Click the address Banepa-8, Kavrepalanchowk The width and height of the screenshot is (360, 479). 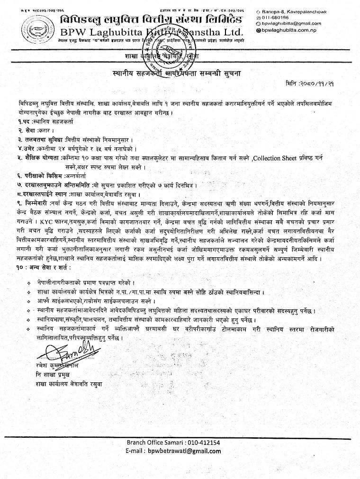[x=301, y=11]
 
